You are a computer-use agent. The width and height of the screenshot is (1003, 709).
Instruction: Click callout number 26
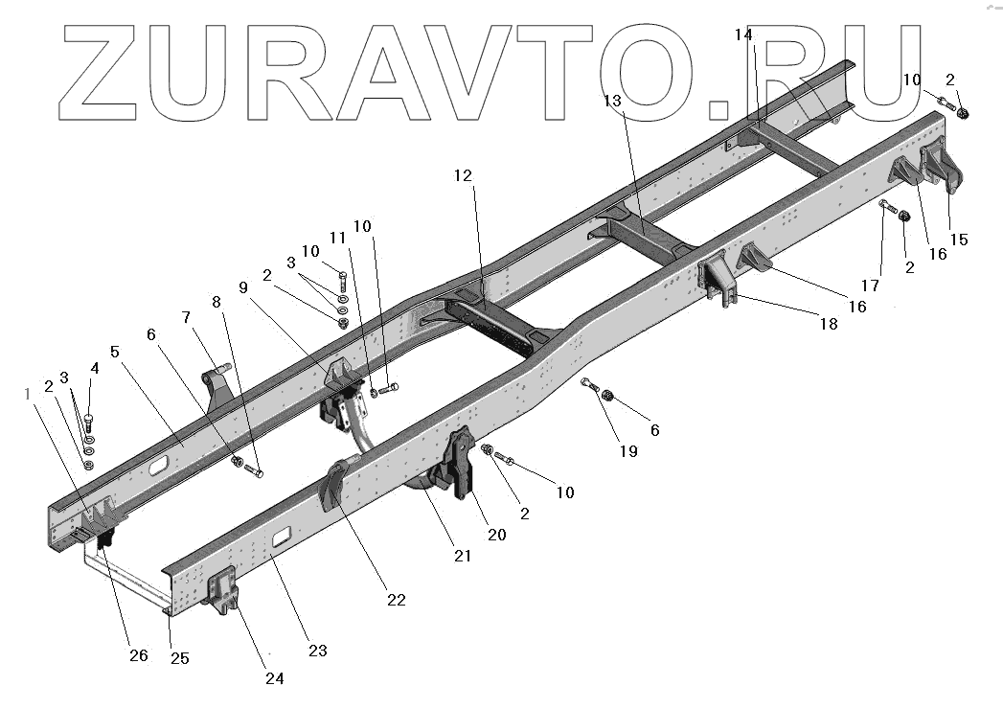click(139, 655)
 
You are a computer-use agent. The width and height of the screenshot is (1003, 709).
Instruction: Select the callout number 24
click(275, 678)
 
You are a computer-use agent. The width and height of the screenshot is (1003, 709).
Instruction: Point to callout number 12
click(464, 175)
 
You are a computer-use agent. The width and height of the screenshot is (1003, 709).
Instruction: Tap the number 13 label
click(613, 100)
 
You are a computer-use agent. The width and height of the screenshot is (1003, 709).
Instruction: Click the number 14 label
click(744, 35)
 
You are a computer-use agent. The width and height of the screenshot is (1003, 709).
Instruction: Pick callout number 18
click(829, 324)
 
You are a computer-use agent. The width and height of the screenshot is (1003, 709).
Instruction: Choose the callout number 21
click(463, 556)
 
